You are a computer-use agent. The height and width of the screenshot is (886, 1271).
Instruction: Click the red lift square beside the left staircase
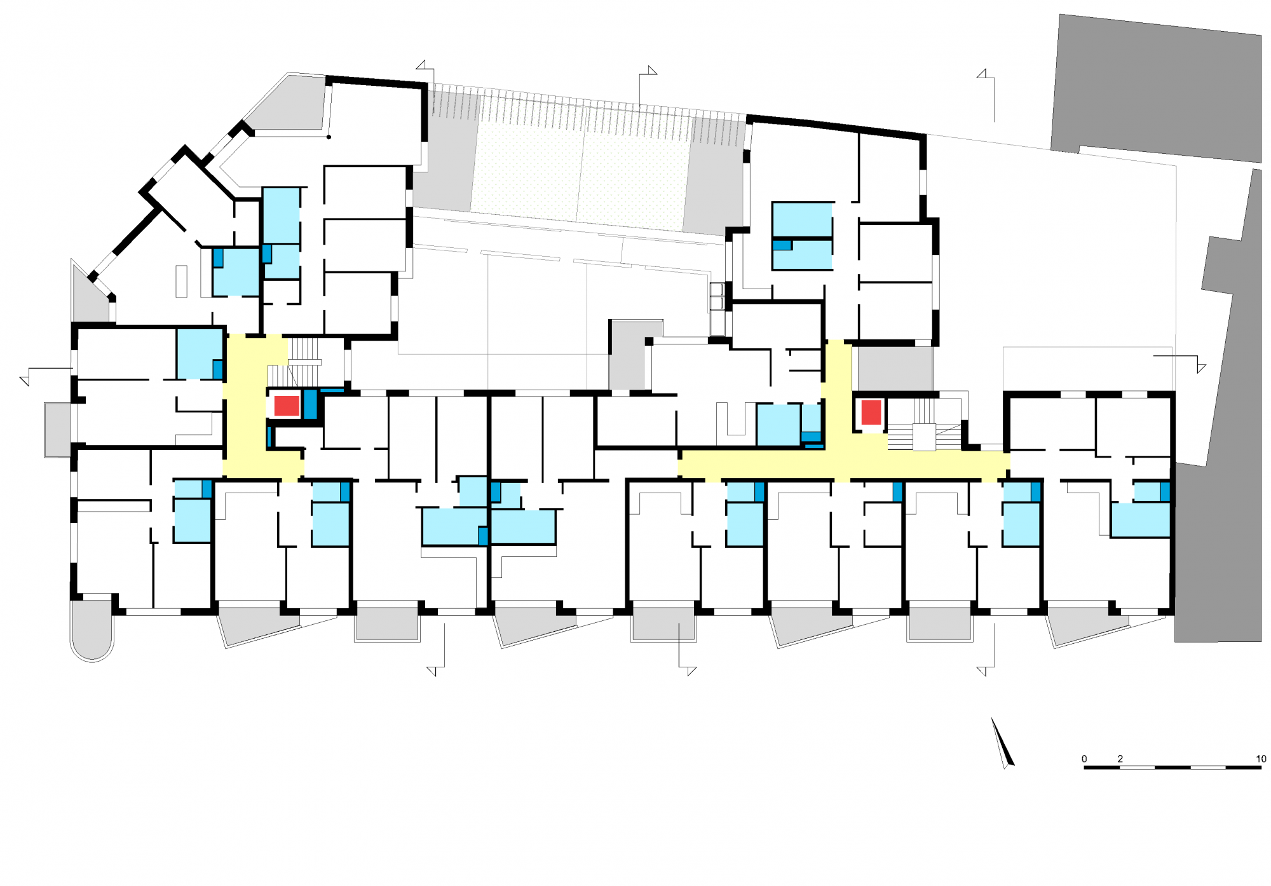tap(287, 406)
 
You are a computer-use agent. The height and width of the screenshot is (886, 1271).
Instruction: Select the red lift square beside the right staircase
tap(871, 412)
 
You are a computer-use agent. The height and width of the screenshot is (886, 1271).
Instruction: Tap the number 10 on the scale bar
tap(1261, 759)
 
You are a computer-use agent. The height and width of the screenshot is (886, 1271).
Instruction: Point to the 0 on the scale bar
tap(1084, 759)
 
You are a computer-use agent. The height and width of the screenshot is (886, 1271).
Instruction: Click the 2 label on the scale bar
tap(1120, 759)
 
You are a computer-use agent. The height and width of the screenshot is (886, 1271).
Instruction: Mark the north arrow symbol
tap(1003, 743)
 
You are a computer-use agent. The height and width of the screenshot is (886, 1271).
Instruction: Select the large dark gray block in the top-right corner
tap(1156, 88)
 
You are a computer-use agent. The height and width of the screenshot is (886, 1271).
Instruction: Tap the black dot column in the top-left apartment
tap(329, 137)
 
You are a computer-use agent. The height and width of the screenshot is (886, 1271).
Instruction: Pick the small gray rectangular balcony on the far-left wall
tap(58, 430)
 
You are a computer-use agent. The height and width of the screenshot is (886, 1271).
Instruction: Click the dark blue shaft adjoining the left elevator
tap(310, 404)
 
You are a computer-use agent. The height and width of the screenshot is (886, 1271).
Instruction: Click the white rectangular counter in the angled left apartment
tap(182, 281)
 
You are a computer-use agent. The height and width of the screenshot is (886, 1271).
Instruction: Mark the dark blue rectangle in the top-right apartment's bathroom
tap(782, 245)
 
